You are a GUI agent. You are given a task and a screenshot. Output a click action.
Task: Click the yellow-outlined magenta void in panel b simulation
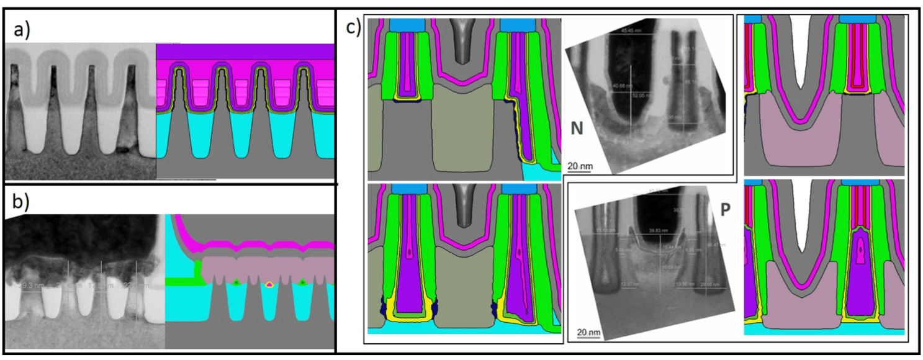point(269,284)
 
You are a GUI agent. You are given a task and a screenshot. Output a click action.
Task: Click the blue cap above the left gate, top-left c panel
point(407,25)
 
